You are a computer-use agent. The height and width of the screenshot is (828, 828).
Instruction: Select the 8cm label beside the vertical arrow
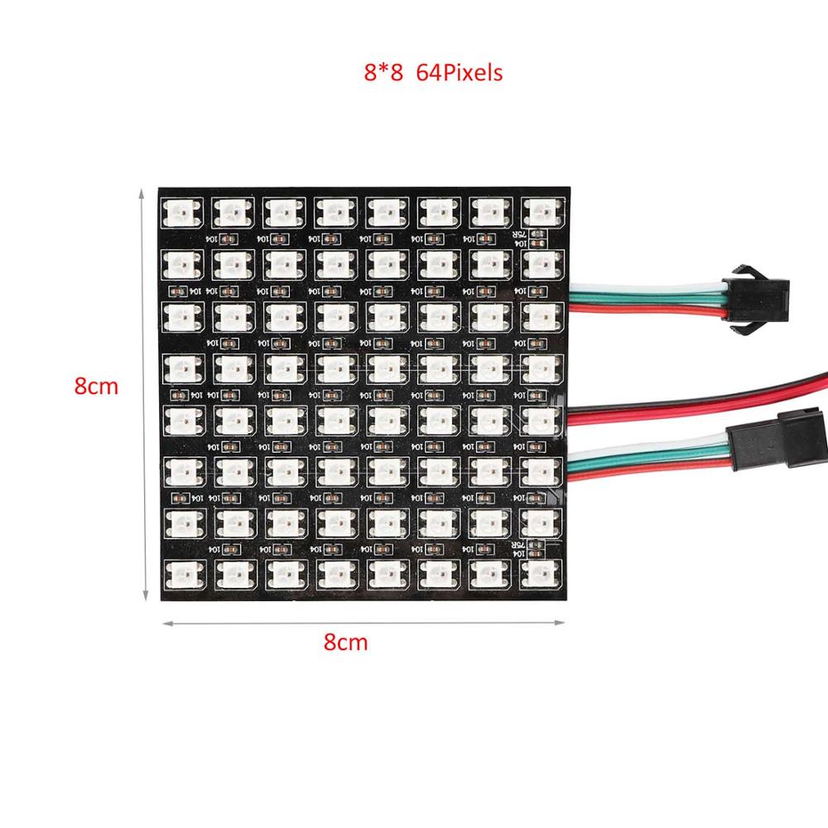96,386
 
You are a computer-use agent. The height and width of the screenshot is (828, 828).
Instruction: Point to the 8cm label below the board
345,642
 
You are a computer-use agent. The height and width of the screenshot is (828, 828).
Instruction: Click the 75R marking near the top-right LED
535,235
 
